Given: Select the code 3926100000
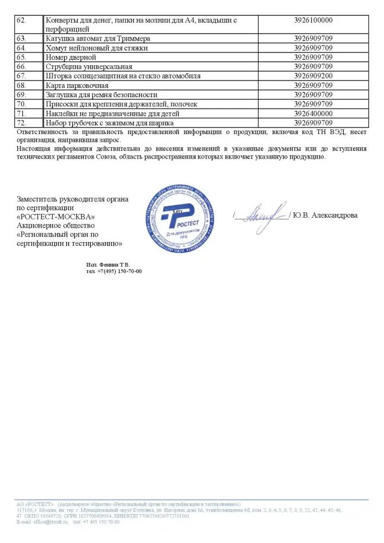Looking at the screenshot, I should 313,20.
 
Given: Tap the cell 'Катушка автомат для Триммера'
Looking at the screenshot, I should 98,39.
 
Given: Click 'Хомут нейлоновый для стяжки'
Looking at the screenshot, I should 97,48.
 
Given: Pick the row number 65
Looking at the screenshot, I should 22,57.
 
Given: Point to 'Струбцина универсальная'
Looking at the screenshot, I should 90,66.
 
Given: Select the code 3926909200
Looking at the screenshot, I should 313,75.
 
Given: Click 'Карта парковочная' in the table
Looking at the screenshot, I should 78,85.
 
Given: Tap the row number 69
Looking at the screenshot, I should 22,94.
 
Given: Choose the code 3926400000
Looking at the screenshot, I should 313,113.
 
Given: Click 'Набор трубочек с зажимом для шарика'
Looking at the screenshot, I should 112,123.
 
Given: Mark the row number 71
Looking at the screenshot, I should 22,113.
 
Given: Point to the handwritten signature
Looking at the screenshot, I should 263,214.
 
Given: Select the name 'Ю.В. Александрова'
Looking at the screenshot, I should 325,216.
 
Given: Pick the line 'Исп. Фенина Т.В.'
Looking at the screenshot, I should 109,264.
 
